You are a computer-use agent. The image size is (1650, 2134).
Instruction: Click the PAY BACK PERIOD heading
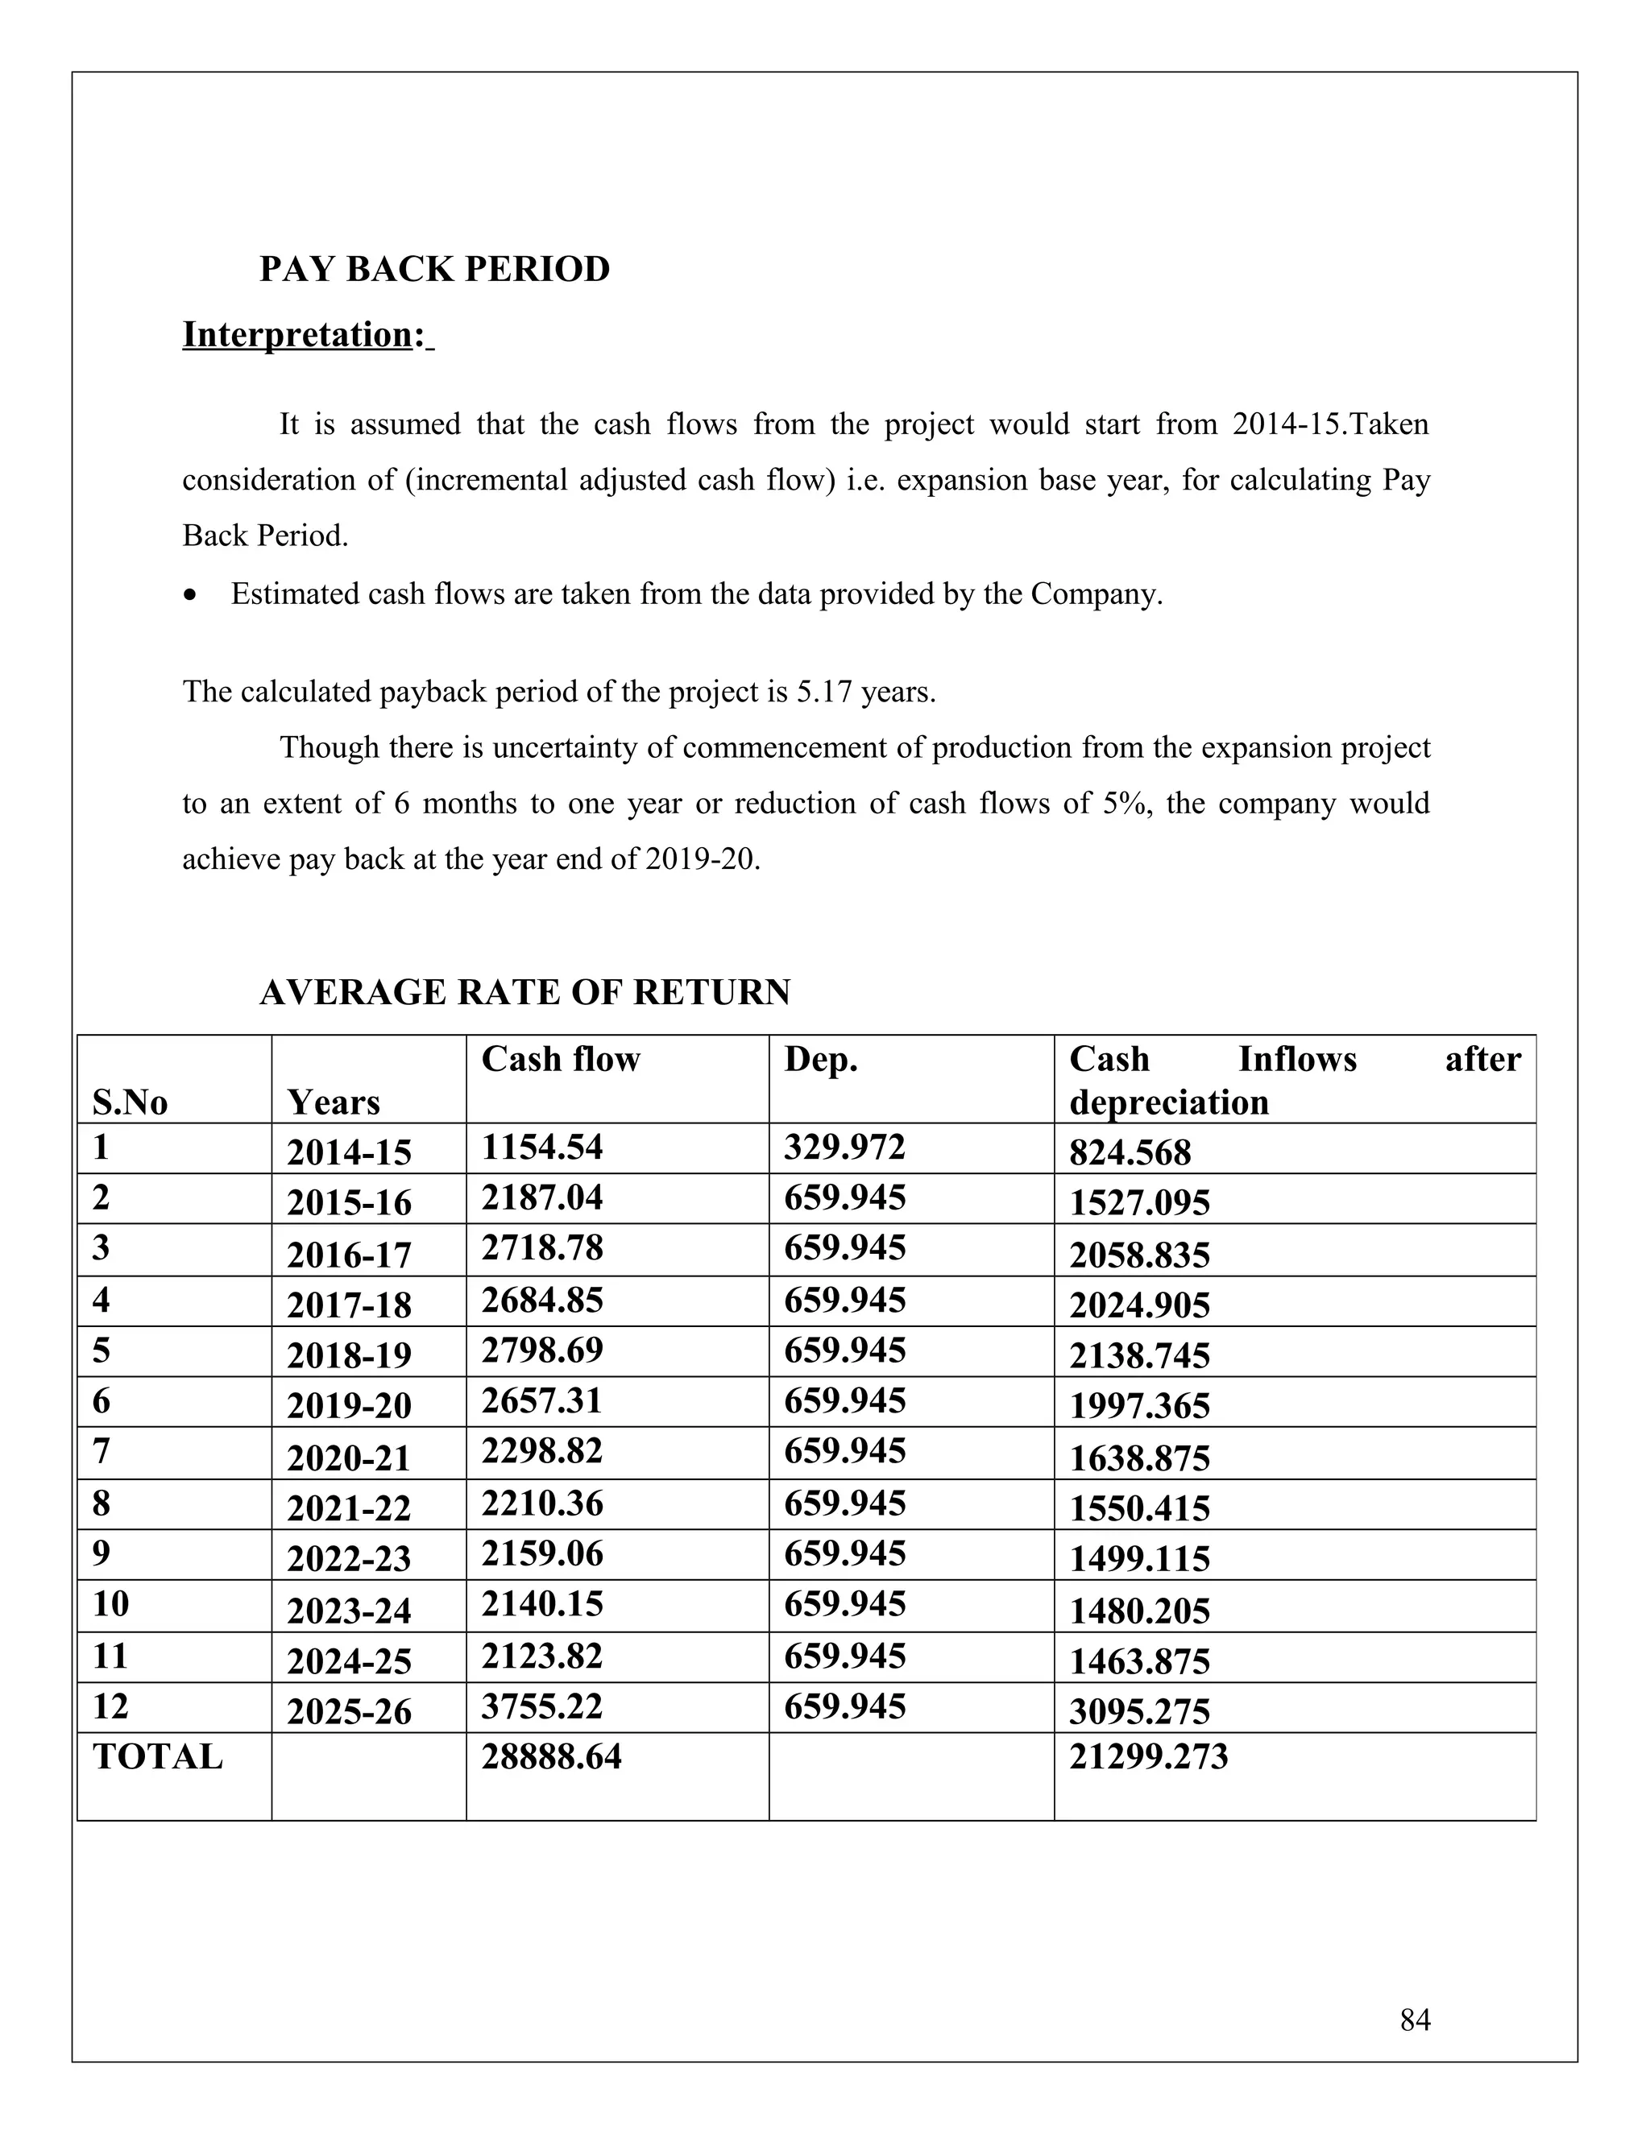click(434, 270)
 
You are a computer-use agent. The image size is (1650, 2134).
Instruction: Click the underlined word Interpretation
click(296, 335)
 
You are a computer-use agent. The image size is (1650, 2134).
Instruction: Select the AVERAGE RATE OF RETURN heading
click(525, 993)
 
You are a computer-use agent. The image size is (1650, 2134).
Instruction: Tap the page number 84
click(1415, 2019)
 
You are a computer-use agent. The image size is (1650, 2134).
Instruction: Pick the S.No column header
click(130, 1103)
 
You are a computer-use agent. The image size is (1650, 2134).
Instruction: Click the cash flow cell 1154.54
click(541, 1147)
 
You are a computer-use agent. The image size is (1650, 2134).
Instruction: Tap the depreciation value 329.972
click(844, 1147)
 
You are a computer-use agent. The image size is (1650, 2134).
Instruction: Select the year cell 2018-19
click(349, 1356)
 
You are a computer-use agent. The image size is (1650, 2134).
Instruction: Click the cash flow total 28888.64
click(550, 1757)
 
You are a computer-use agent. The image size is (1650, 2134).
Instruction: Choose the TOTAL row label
click(157, 1757)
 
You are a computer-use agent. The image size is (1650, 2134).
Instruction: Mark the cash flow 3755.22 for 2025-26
click(541, 1706)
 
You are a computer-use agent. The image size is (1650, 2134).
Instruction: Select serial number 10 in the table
click(110, 1604)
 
